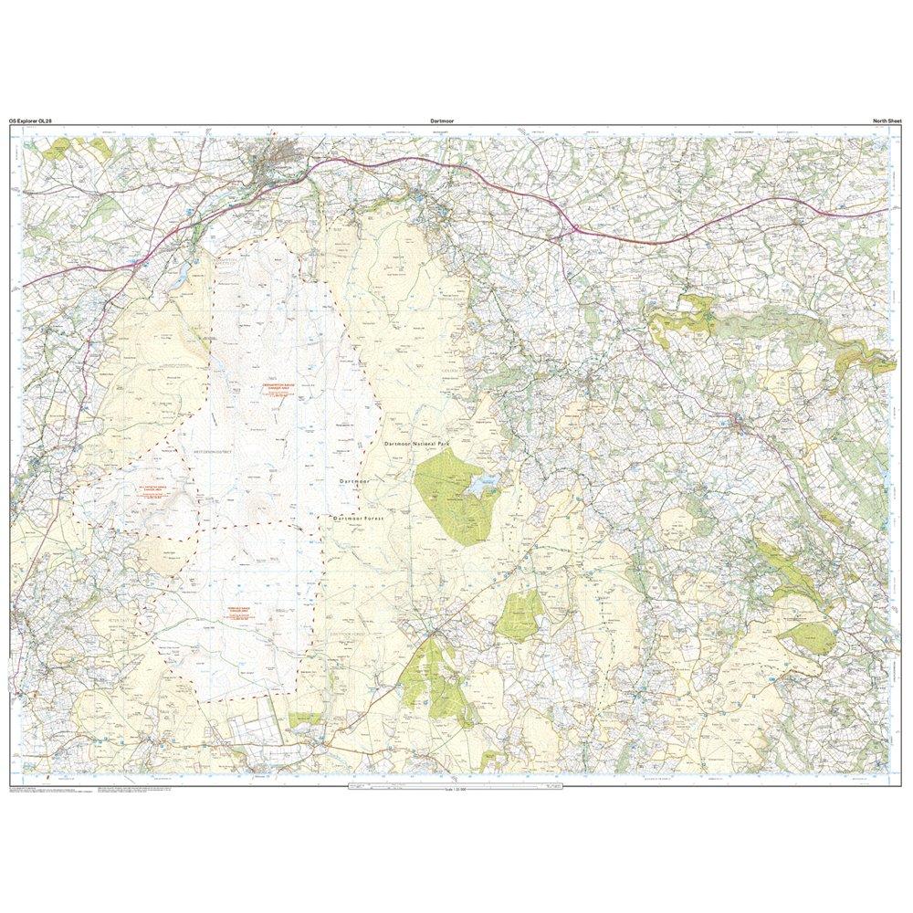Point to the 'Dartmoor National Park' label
click(417, 443)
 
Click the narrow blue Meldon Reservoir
click(195, 270)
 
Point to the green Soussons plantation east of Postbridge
click(520, 614)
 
